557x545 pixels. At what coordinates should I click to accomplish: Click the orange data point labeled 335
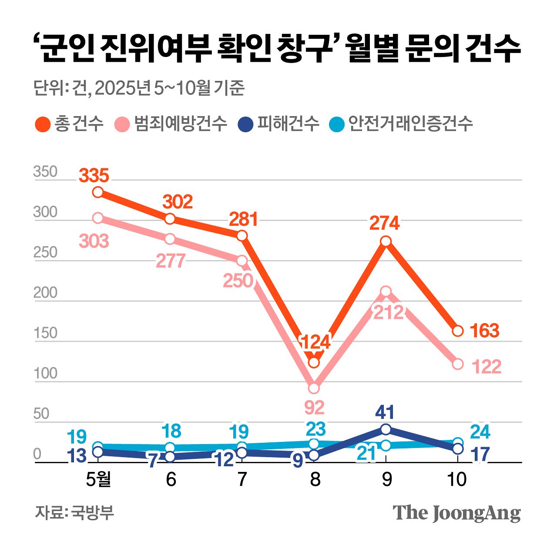(x=98, y=192)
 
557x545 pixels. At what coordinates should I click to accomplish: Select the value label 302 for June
(x=178, y=202)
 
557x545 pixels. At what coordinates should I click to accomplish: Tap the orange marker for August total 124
(x=314, y=362)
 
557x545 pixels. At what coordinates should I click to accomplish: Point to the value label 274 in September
(x=384, y=224)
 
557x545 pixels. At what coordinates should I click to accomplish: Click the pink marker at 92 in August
(x=314, y=388)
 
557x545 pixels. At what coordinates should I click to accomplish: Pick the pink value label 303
(x=94, y=241)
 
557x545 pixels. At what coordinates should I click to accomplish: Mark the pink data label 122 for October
(x=487, y=367)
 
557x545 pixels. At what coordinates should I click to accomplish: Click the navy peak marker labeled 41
(x=386, y=429)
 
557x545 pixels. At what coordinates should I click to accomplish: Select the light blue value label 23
(x=315, y=429)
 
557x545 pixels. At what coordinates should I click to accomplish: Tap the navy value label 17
(x=480, y=455)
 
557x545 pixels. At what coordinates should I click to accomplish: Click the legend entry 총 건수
(x=70, y=124)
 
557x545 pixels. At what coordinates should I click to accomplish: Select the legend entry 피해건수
(x=279, y=124)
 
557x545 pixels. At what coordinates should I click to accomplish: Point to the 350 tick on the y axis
(x=45, y=172)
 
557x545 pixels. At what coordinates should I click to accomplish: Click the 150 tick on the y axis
(x=45, y=333)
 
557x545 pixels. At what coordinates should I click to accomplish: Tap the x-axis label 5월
(x=98, y=479)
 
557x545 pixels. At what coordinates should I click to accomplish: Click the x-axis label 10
(x=457, y=479)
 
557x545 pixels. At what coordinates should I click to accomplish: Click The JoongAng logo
(x=456, y=513)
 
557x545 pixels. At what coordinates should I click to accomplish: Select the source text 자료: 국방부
(x=74, y=512)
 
